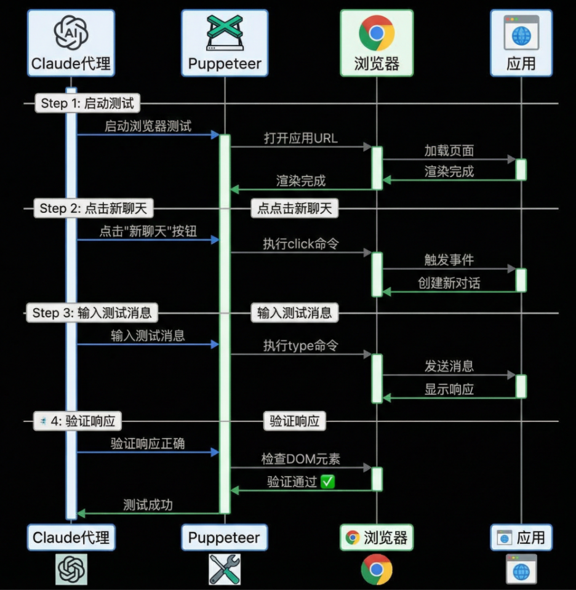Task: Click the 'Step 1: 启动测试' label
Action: click(x=87, y=103)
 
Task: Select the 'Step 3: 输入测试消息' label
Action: click(x=92, y=313)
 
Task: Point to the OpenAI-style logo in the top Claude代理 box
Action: click(x=71, y=33)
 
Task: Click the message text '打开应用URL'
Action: click(x=301, y=138)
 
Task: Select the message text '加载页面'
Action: click(x=449, y=150)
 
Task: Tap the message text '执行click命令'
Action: click(x=301, y=243)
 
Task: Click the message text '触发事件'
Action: click(x=449, y=260)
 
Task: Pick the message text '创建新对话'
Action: click(x=449, y=283)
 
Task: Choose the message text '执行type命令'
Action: click(x=301, y=346)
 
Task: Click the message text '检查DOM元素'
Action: click(x=301, y=459)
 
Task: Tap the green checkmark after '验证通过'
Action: click(x=328, y=482)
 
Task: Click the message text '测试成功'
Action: click(x=148, y=505)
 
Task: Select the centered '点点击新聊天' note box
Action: click(x=294, y=209)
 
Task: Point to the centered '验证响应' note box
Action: click(x=294, y=421)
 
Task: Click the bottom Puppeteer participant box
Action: click(x=225, y=537)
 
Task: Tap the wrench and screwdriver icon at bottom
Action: click(x=225, y=569)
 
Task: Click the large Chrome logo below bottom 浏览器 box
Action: click(x=376, y=569)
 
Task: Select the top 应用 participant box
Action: click(x=521, y=43)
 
